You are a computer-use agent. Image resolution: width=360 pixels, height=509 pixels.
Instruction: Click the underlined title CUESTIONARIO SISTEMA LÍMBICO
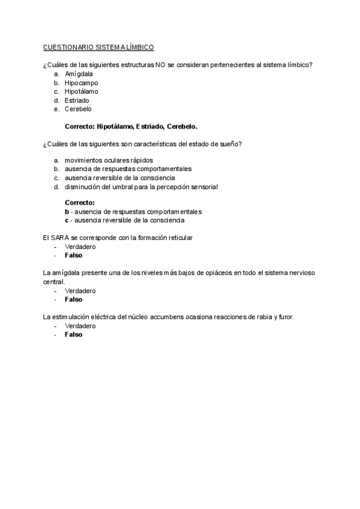[x=98, y=47]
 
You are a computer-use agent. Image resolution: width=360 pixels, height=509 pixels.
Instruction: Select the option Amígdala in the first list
[x=79, y=74]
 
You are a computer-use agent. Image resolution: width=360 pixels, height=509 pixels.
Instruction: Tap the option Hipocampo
[x=81, y=83]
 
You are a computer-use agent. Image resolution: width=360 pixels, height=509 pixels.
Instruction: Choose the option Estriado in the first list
[x=77, y=100]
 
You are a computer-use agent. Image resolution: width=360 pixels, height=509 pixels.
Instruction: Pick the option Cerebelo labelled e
[x=78, y=109]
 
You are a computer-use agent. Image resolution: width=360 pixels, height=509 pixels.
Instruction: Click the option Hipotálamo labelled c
[x=81, y=91]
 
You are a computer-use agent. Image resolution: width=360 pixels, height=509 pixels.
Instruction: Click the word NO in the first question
[x=160, y=64]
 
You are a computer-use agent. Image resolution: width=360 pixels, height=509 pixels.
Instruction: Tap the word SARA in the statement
[x=60, y=238]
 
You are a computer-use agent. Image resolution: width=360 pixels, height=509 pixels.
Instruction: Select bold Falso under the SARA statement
[x=73, y=255]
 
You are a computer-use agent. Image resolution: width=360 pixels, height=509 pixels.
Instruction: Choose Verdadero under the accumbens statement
[x=80, y=325]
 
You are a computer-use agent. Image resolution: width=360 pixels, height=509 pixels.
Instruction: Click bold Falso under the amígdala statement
[x=73, y=299]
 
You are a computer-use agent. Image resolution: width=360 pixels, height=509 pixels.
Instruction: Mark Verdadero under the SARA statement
[x=80, y=247]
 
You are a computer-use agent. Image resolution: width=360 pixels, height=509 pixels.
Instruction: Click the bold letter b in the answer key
[x=67, y=211]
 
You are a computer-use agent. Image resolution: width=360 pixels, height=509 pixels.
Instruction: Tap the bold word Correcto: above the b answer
[x=79, y=203]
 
